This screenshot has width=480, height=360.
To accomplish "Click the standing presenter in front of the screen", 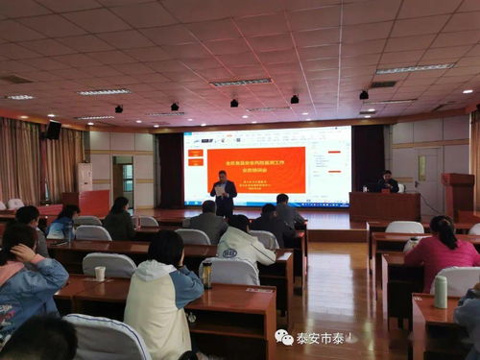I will pos(224,192).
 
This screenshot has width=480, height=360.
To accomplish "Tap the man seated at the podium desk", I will pos(388,182).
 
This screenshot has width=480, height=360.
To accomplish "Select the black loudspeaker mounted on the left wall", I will pos(54,130).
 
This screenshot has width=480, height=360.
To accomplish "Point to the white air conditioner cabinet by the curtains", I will pos(84,176).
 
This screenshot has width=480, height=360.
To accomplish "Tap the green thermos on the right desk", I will pos(441,291).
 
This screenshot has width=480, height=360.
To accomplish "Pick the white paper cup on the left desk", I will pos(100,274).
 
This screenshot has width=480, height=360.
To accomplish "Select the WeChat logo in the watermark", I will pos(284,337).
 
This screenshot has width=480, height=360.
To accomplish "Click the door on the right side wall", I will pos(428,179).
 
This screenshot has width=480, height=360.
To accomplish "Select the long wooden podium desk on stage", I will pos(384,205).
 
